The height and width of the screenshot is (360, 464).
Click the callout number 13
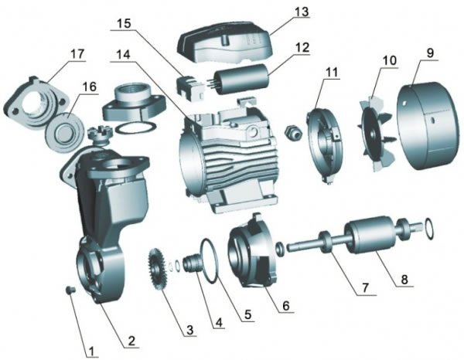(302, 12)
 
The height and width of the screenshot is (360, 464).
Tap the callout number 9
(431, 53)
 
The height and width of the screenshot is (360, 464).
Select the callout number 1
(91, 352)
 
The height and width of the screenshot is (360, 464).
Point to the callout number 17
(77, 54)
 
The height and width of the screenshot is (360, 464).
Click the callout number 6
(286, 306)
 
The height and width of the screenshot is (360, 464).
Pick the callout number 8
(404, 280)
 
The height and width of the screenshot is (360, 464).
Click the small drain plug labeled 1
(70, 290)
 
